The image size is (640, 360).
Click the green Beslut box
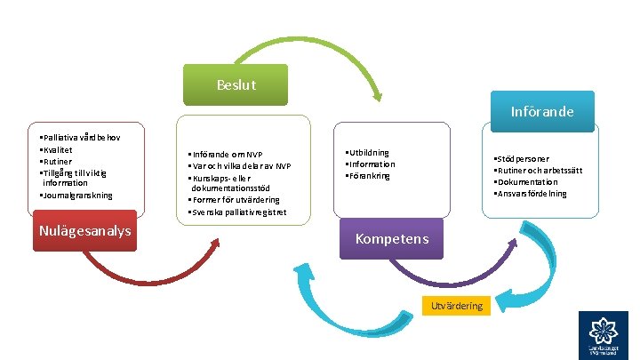(x=236, y=84)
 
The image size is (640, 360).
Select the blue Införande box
(x=541, y=112)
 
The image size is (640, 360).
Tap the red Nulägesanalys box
(x=84, y=231)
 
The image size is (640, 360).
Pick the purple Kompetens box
(x=392, y=238)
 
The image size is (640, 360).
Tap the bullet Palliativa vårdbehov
(x=81, y=139)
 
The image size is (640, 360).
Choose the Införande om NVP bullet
(x=226, y=155)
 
